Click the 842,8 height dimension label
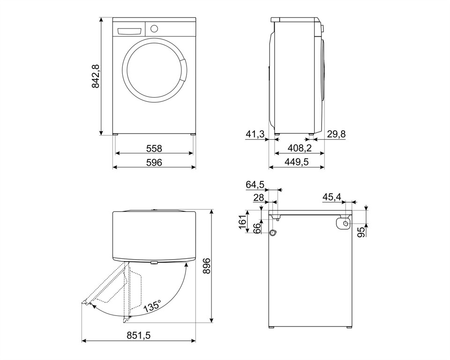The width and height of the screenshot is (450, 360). (95, 76)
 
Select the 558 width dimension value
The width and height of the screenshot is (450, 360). (154, 149)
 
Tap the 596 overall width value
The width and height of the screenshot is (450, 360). (154, 163)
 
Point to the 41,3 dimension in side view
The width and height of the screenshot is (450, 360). (255, 135)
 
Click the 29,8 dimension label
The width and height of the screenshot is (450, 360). (336, 135)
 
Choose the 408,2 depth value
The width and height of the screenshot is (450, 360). (299, 149)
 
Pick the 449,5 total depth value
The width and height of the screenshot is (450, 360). (297, 163)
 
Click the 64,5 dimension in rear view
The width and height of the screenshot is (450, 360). (255, 185)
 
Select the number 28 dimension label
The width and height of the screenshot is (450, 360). (258, 198)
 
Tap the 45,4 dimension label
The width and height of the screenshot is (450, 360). (331, 198)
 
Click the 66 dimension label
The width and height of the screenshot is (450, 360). (257, 228)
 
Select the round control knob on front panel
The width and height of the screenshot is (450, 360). (154, 28)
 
